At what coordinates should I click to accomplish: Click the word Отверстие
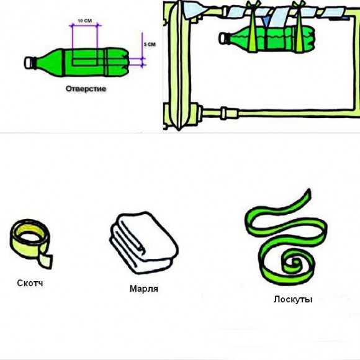[x=86, y=89]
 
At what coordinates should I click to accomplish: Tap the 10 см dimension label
[x=84, y=20]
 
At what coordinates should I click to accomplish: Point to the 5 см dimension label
[x=150, y=44]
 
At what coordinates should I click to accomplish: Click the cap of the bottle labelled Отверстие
[x=29, y=63]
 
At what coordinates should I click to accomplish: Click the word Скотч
[x=30, y=283]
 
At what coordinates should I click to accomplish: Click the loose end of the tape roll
[x=46, y=261]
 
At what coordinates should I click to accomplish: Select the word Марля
[x=144, y=289]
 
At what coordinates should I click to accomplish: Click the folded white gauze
[x=144, y=243]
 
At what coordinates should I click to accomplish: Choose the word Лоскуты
[x=293, y=299]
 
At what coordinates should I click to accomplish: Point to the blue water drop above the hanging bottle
[x=266, y=21]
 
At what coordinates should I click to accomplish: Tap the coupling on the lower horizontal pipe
[x=224, y=113]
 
